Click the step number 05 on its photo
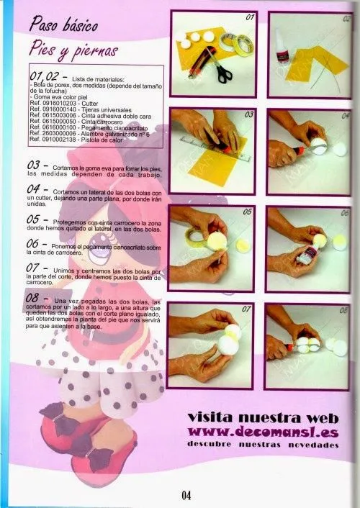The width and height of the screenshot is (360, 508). [x=247, y=213]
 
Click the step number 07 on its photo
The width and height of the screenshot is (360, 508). [x=245, y=310]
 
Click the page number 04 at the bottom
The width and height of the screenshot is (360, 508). [x=186, y=494]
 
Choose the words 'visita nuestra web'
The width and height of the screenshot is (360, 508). [x=262, y=417]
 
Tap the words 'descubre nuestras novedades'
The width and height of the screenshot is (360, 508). [x=262, y=445]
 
